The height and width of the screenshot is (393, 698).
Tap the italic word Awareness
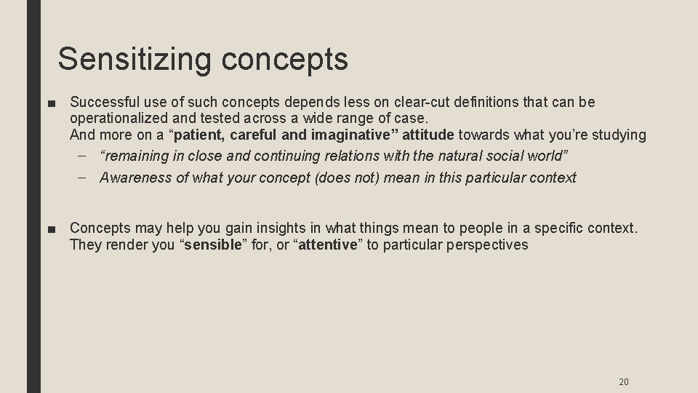pyautogui.click(x=132, y=177)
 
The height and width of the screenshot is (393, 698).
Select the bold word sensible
pyautogui.click(x=212, y=245)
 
